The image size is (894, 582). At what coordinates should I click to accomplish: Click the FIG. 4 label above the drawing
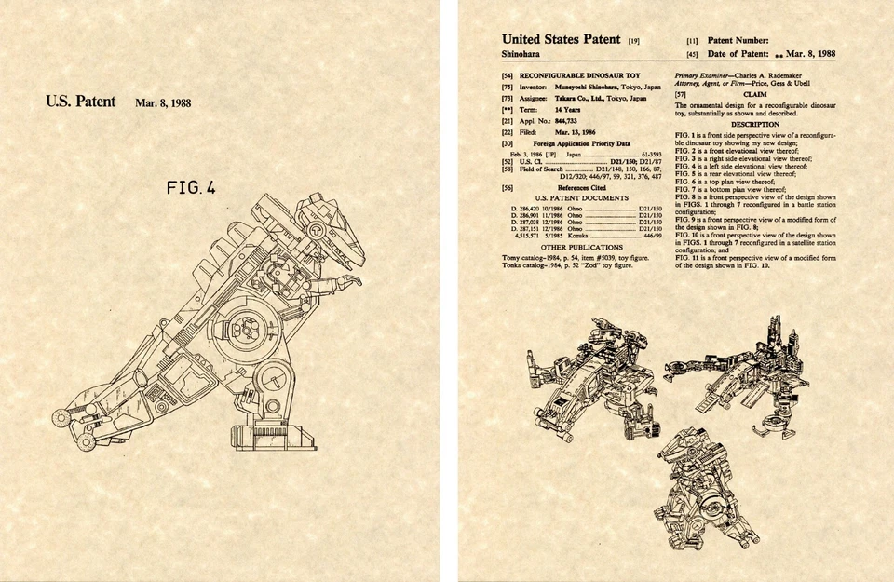[x=190, y=188]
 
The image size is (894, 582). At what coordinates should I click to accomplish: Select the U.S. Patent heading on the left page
[x=80, y=102]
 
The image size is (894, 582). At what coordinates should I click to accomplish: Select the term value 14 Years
[x=545, y=109]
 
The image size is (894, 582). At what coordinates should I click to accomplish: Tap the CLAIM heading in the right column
[x=754, y=94]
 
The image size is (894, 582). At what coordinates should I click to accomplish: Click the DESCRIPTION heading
[x=754, y=124]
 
